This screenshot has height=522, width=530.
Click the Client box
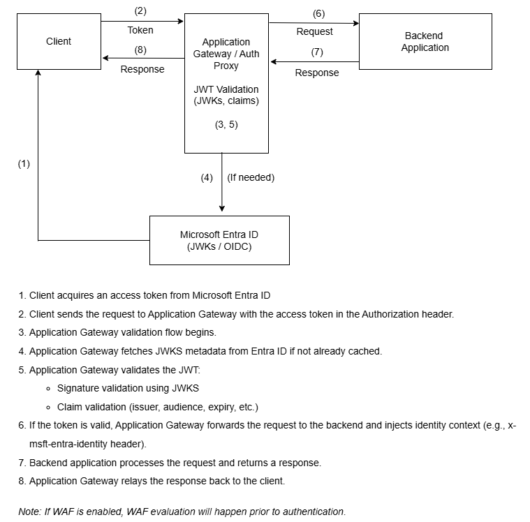59,41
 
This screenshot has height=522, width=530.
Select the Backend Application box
425,41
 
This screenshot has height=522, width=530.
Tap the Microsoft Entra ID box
219,240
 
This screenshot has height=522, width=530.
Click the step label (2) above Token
140,12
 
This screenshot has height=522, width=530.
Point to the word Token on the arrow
140,30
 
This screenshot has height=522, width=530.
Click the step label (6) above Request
318,13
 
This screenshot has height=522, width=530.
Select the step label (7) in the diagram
317,52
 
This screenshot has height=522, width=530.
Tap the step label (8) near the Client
140,49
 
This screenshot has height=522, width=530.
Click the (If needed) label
251,177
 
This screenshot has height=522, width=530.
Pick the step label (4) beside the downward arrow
207,177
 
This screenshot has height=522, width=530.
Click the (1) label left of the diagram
24,163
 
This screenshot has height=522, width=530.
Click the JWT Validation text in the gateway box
226,89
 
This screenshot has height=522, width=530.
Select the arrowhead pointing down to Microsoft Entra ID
222,208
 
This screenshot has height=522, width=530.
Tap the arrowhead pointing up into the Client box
38,73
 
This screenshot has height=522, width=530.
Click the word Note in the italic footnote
29,512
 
